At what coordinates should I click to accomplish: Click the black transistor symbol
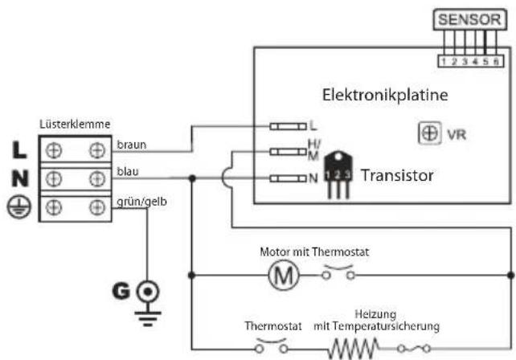(x=338, y=178)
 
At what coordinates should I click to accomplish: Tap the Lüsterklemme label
(x=75, y=125)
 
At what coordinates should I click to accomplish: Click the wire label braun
(x=131, y=145)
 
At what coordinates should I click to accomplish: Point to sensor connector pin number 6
(x=499, y=59)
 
